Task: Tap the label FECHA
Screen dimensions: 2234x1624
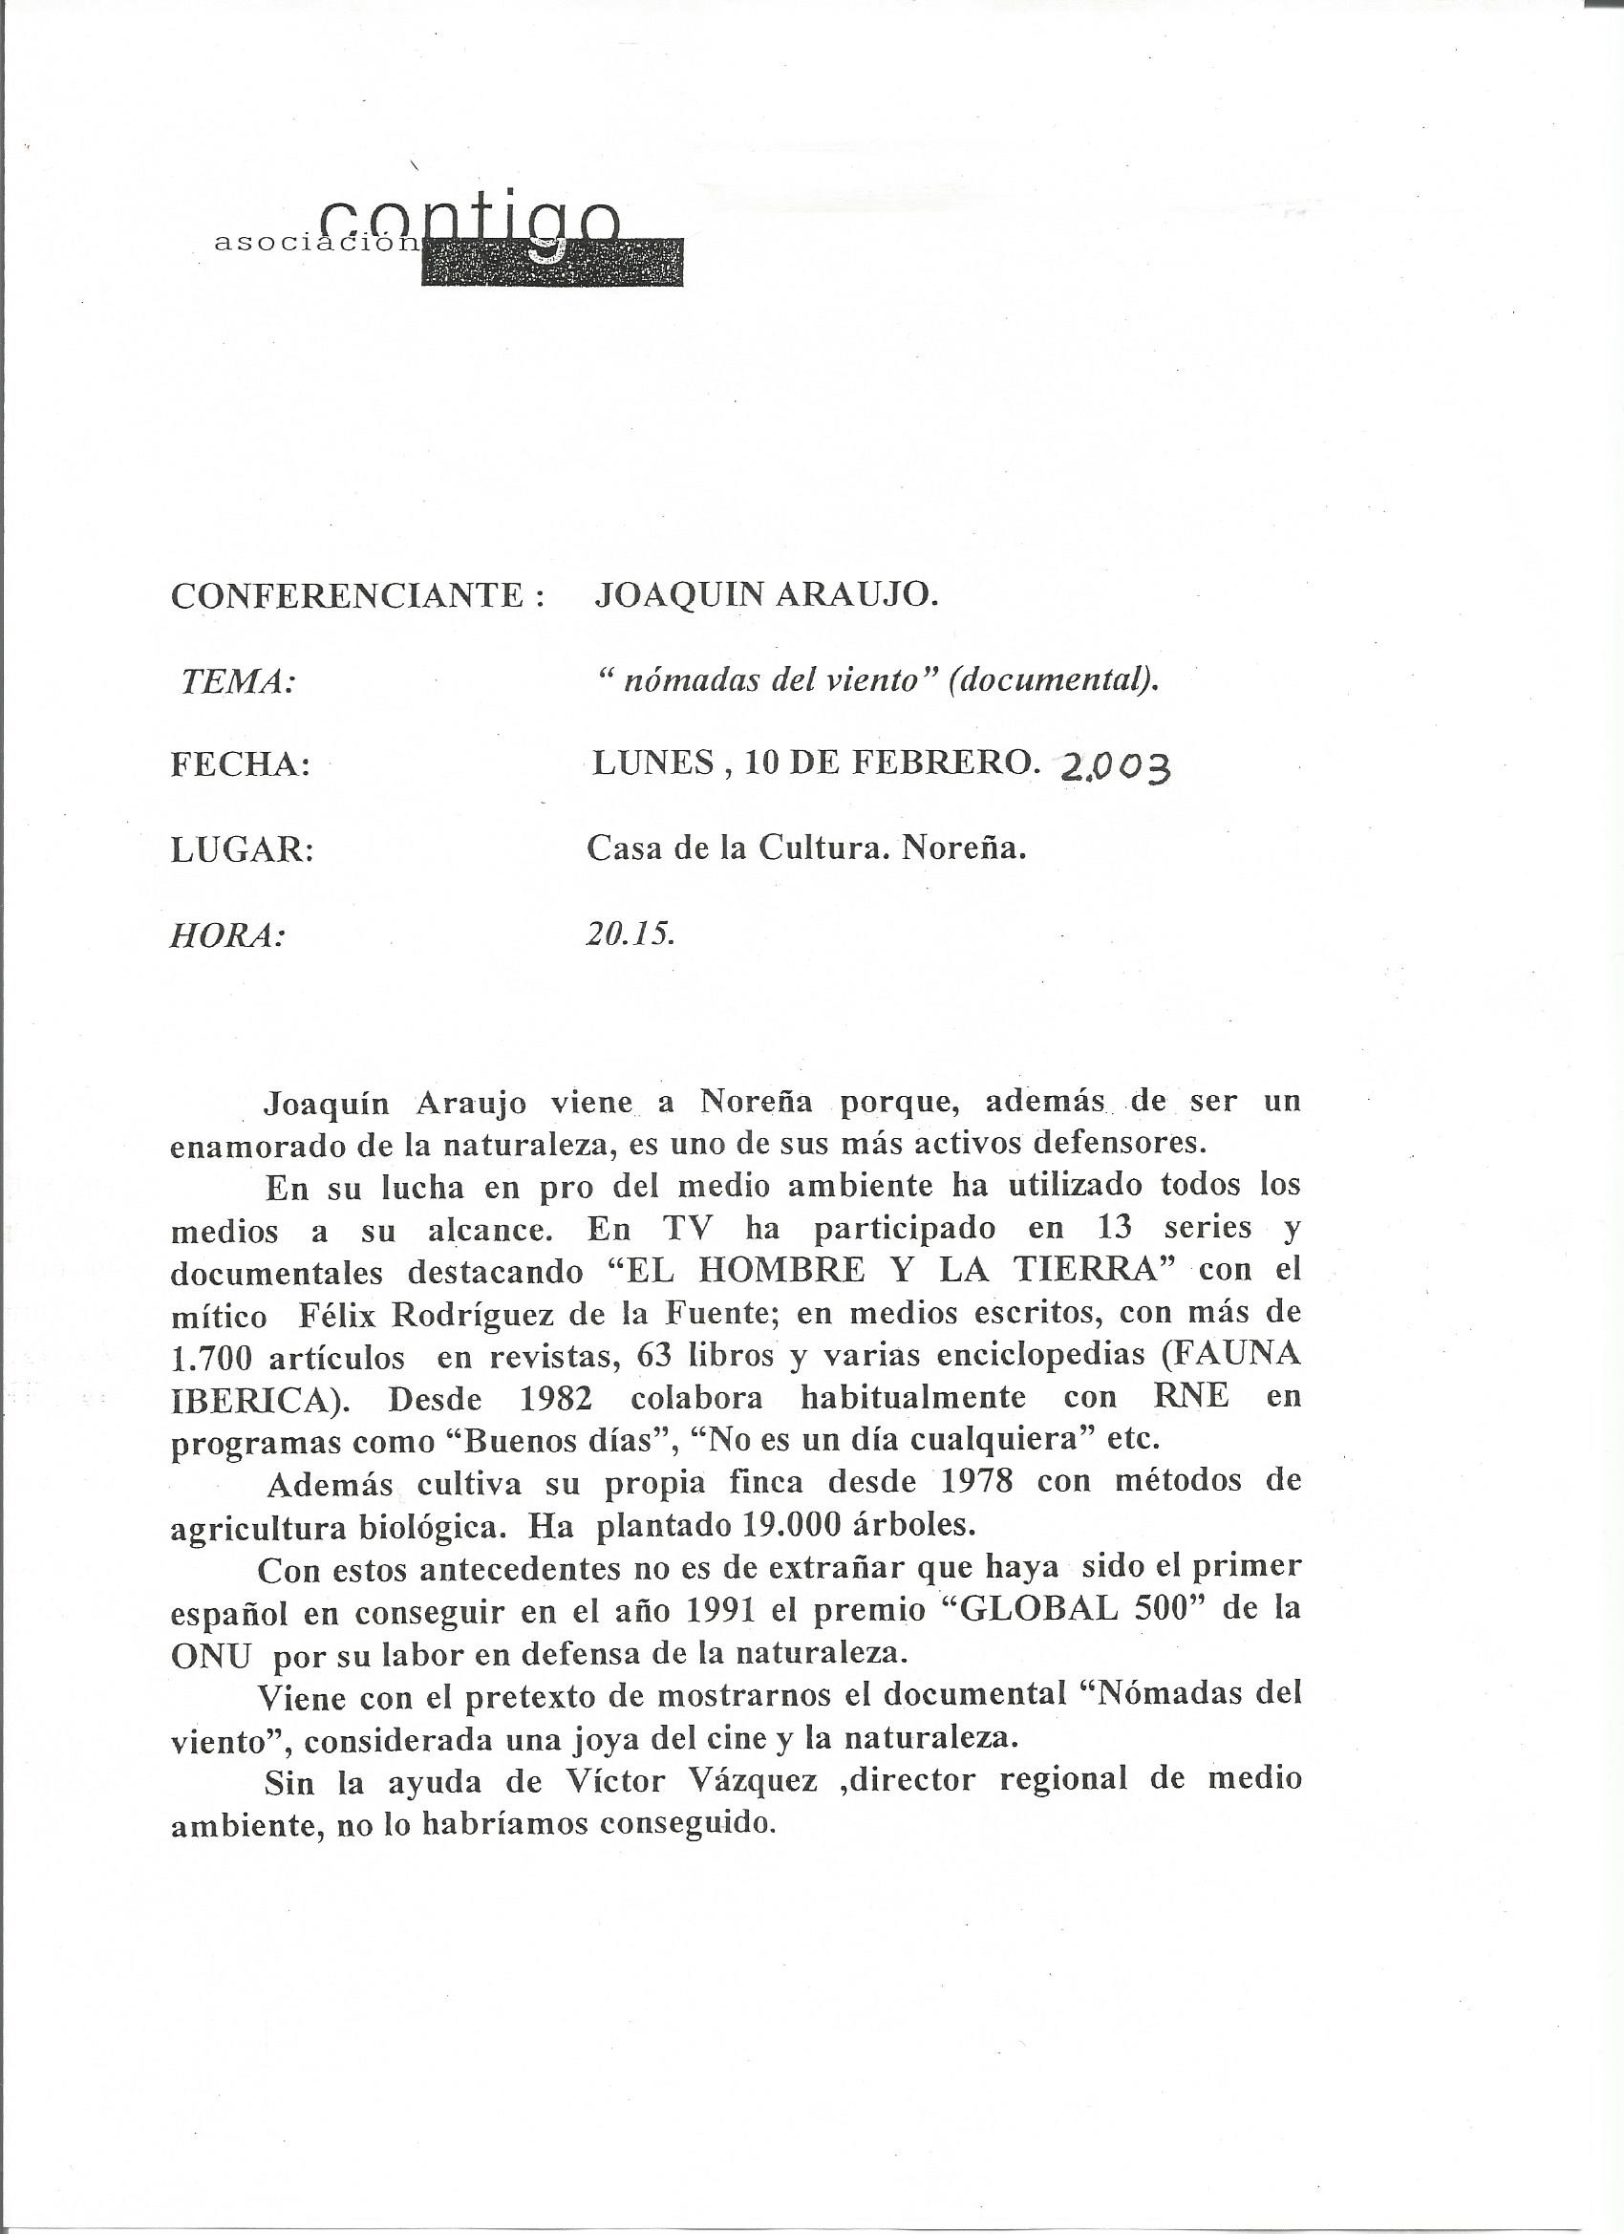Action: pyautogui.click(x=241, y=765)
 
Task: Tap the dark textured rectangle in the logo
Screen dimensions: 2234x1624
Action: pyautogui.click(x=551, y=263)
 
